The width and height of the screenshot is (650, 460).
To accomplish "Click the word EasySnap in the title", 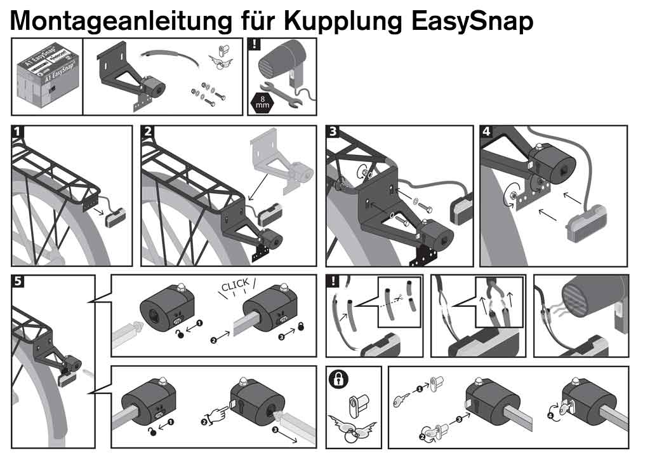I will click(472, 20).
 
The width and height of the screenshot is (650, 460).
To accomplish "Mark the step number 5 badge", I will click(18, 281).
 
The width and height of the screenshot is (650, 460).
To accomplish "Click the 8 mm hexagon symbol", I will click(262, 102).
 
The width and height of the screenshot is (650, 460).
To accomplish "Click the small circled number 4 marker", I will click(550, 417).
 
